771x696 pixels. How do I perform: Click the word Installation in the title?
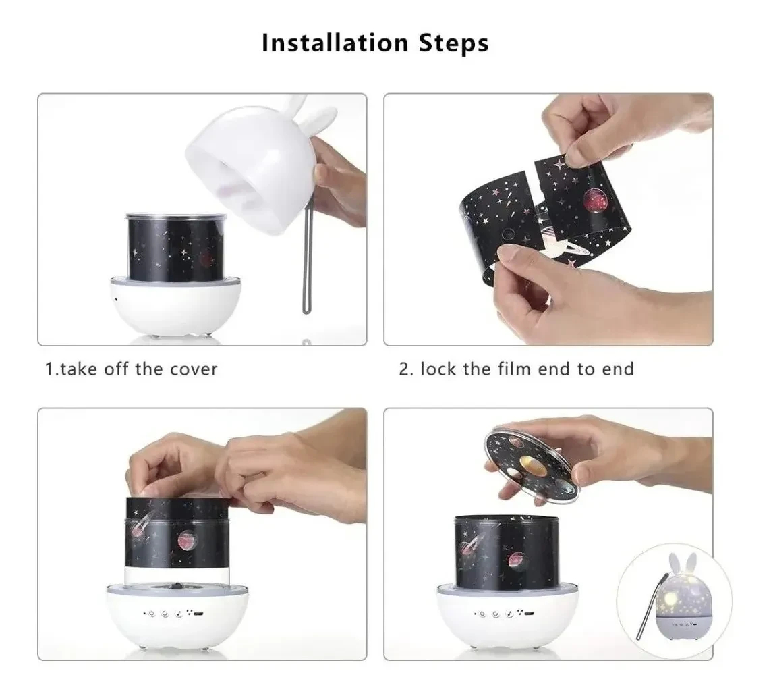(335, 43)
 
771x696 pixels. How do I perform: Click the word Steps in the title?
(454, 43)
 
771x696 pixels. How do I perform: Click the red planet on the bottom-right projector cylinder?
(516, 560)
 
